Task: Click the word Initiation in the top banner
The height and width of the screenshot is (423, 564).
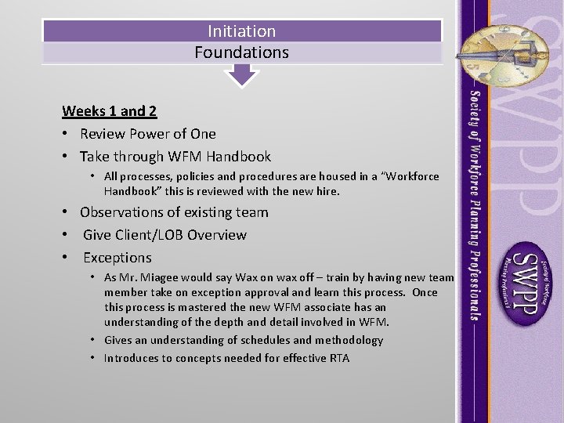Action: click(241, 31)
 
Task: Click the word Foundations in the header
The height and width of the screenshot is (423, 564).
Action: click(241, 52)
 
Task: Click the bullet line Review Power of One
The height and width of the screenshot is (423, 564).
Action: click(147, 134)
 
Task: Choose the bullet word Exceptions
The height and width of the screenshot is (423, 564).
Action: click(117, 258)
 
